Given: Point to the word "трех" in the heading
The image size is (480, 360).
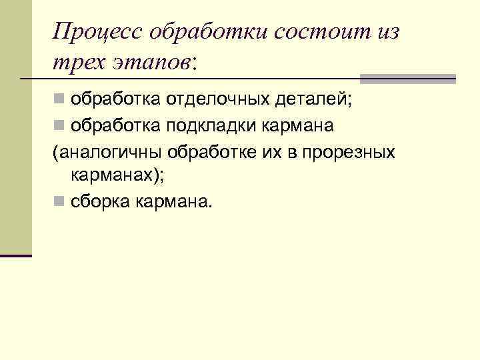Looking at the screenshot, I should (73, 62).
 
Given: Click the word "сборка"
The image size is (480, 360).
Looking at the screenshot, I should (100, 201).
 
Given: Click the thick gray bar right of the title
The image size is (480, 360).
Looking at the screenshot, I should (407, 79).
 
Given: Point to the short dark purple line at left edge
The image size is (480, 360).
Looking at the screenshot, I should (15, 255).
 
